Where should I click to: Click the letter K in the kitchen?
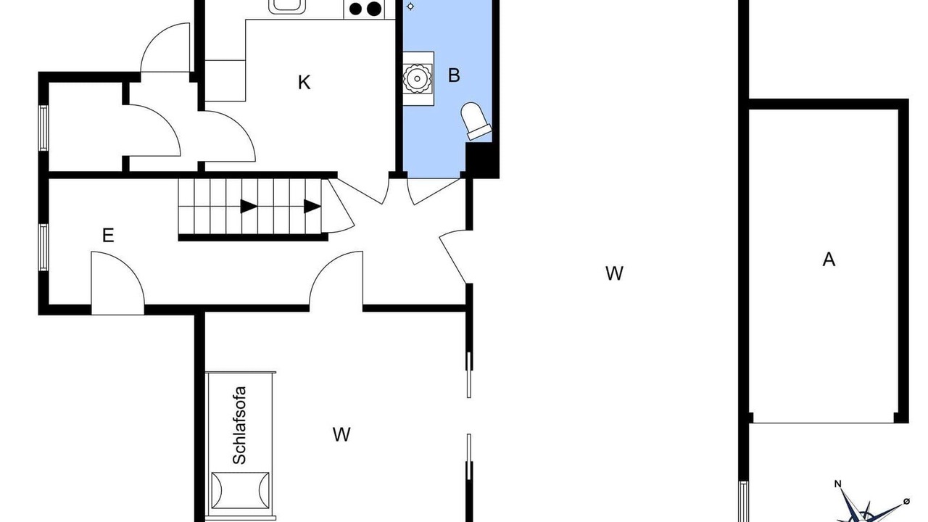coord(304,83)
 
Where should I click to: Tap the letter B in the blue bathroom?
coord(454,75)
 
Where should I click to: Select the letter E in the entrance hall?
coord(108,236)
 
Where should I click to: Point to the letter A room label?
coord(829,260)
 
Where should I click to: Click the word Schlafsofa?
coord(239,426)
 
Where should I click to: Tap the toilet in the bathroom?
coord(476,120)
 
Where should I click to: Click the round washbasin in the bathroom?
coord(417,79)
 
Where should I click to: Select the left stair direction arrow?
coord(249,207)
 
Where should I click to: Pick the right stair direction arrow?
coord(312,207)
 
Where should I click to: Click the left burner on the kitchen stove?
coord(355,9)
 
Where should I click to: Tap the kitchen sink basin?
coord(287,6)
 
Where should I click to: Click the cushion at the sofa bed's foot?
coord(240,491)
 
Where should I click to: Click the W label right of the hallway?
coord(614,273)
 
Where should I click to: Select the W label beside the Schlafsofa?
coord(341,434)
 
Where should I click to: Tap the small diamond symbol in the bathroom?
coord(410,7)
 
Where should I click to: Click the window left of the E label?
coord(43,247)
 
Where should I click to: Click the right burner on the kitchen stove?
coord(374,9)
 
